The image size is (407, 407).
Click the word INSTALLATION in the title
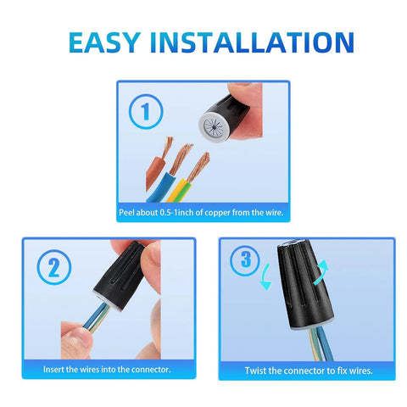pyautogui.click(x=254, y=42)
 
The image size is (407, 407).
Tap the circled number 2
pyautogui.click(x=53, y=270)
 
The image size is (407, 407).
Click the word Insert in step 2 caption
pyautogui.click(x=55, y=371)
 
